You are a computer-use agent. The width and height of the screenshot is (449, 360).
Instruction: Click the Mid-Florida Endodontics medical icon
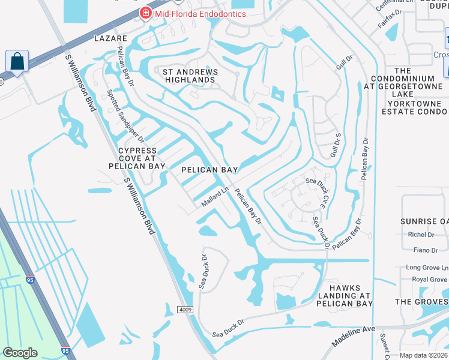click(x=145, y=13)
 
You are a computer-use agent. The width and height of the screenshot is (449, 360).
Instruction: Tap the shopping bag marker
click(x=17, y=61)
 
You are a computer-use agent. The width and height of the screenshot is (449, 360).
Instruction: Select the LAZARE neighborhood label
click(x=111, y=38)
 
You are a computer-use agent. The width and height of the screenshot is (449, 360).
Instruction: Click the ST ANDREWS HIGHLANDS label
click(x=191, y=76)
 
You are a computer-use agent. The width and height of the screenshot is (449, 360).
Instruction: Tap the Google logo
click(x=20, y=353)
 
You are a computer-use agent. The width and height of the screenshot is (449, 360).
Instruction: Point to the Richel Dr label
click(x=420, y=235)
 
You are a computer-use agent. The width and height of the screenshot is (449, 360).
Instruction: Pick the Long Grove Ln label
click(x=427, y=267)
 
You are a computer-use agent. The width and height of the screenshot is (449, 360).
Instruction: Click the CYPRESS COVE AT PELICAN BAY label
click(x=137, y=158)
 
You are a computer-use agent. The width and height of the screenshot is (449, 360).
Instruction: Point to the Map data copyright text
click(x=424, y=355)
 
